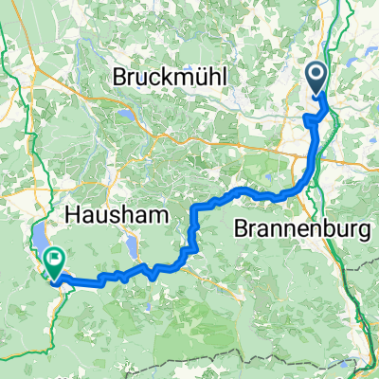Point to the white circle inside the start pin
pyautogui.click(x=318, y=73)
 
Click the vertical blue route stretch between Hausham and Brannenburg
pyautogui.click(x=194, y=224)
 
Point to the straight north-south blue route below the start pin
pyautogui.click(x=315, y=142)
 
